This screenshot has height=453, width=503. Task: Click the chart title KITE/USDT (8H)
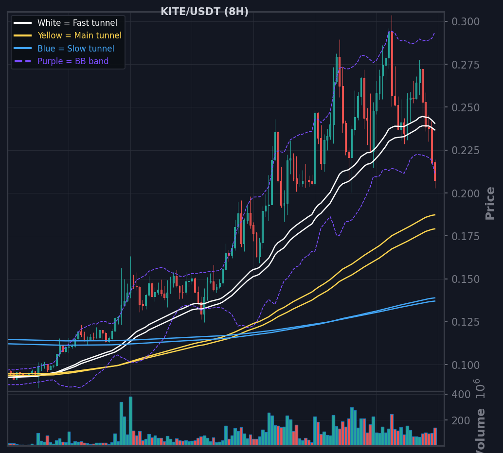coord(204,12)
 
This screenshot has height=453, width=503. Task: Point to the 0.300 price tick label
coord(466,22)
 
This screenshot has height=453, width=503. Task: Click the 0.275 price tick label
coord(466,65)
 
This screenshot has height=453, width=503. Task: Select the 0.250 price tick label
coord(466,108)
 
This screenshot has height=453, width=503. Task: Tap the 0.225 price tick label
coord(466,150)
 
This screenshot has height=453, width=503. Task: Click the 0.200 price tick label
coord(466,193)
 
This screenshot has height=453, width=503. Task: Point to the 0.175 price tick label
coord(466,236)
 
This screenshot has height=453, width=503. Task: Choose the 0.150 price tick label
coord(466,279)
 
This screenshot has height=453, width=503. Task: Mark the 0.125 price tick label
coord(466,322)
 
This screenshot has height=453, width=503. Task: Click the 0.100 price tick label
coord(466,365)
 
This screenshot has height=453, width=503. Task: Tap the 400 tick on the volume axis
coord(461,394)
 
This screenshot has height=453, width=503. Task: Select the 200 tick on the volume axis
coord(461,420)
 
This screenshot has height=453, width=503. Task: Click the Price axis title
coord(490,204)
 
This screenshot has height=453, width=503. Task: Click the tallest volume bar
coord(130,421)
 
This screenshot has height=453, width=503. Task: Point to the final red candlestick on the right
coord(435,172)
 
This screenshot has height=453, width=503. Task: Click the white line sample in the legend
coord(23,23)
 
